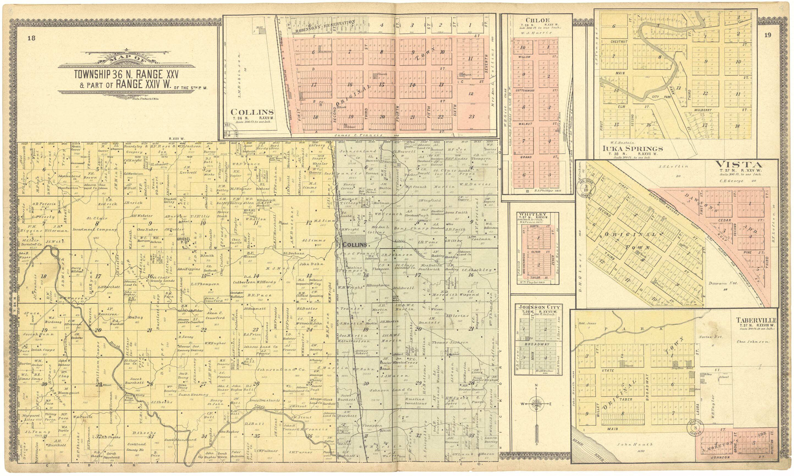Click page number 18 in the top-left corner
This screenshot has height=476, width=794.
click(x=31, y=38)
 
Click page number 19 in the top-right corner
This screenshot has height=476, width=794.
click(x=767, y=35)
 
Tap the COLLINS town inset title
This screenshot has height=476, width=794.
click(x=252, y=112)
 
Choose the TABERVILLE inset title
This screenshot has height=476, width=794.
click(x=756, y=320)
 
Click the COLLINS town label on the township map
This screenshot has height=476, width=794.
click(x=355, y=244)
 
